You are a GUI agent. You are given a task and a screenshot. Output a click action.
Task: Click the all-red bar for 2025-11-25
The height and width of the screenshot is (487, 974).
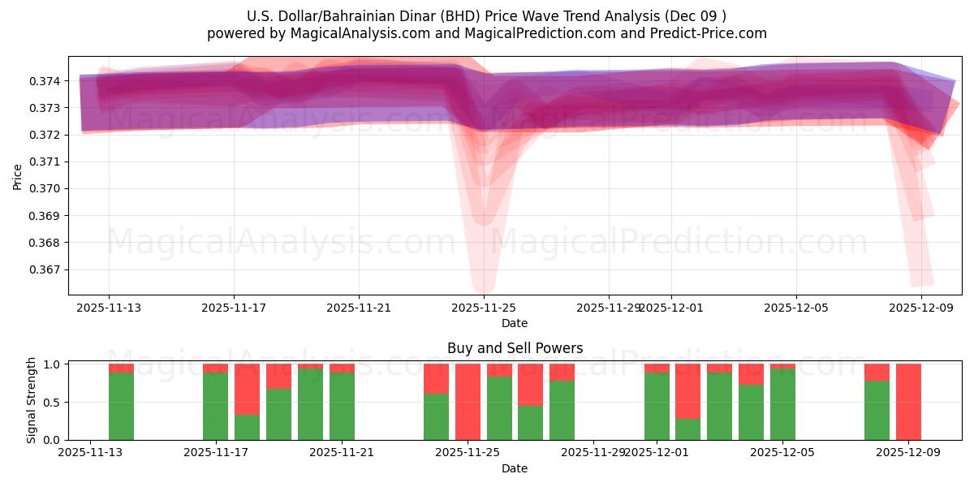pyautogui.click(x=468, y=402)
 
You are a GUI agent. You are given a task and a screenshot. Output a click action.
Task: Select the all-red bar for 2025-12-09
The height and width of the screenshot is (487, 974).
pyautogui.click(x=908, y=402)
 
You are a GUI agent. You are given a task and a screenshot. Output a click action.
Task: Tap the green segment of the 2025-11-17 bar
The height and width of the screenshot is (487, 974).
pyautogui.click(x=215, y=406)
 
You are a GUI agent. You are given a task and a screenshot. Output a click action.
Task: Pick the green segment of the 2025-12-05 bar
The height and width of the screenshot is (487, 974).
pyautogui.click(x=782, y=404)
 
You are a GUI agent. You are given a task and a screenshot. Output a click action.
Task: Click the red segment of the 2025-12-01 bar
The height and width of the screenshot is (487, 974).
pyautogui.click(x=657, y=368)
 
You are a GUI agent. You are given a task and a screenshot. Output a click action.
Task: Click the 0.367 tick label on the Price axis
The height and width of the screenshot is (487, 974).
pyautogui.click(x=45, y=269)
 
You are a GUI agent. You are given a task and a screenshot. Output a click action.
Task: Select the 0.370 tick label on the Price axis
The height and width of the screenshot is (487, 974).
pyautogui.click(x=45, y=189)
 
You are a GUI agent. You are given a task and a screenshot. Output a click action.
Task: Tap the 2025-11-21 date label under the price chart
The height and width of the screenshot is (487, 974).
pyautogui.click(x=359, y=308)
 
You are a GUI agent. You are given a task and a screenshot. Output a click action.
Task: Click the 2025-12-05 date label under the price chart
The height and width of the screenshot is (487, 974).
pyautogui.click(x=795, y=308)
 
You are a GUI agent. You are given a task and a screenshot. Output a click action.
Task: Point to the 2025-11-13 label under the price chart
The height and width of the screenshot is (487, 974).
pyautogui.click(x=109, y=308)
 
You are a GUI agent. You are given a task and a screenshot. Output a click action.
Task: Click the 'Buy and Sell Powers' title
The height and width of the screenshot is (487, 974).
pyautogui.click(x=515, y=348)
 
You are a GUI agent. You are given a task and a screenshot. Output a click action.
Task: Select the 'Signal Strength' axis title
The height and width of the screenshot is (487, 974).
pyautogui.click(x=32, y=400)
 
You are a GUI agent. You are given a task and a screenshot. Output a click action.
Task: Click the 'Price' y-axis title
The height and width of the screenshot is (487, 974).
pyautogui.click(x=18, y=175)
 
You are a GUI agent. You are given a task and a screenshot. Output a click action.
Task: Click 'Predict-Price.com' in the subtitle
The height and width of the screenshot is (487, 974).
pyautogui.click(x=710, y=33)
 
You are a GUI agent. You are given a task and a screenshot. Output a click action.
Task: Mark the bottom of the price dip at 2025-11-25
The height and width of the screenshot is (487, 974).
pyautogui.click(x=483, y=291)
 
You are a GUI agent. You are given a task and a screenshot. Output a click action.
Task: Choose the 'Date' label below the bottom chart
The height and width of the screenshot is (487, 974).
pyautogui.click(x=515, y=468)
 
